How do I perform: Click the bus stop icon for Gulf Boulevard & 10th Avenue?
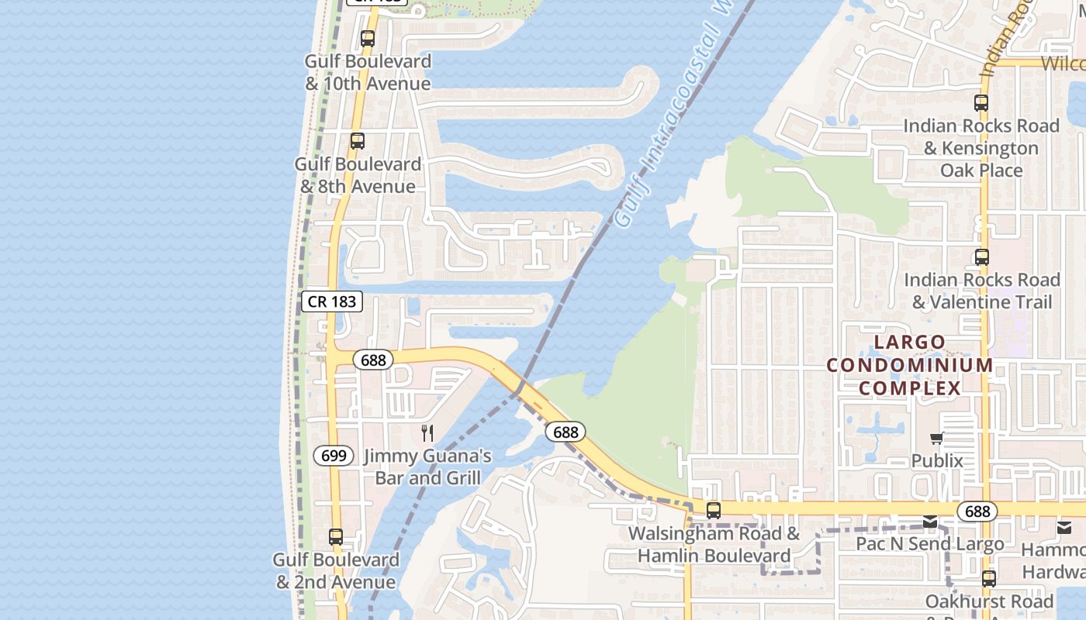tap(367, 38)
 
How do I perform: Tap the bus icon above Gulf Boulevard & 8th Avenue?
tap(357, 141)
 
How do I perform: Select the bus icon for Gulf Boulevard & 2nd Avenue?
tap(335, 536)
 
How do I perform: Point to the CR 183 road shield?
tap(332, 301)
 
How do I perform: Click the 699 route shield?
tap(334, 456)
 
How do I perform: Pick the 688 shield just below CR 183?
tap(373, 360)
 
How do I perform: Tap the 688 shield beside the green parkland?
tap(565, 432)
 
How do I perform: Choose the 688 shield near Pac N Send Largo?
tap(977, 511)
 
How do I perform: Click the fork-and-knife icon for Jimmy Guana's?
tap(427, 432)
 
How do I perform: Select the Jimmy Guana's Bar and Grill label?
tap(427, 467)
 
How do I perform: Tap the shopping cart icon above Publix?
tap(937, 439)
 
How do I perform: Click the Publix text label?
tap(937, 461)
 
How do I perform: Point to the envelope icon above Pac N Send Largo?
tap(930, 522)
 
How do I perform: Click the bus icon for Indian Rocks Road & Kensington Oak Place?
tap(981, 102)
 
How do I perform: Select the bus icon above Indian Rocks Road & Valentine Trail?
tap(981, 257)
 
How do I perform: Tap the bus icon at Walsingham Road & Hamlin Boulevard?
tap(713, 511)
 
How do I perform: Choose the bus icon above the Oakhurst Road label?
tap(988, 578)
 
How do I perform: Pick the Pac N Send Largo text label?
tap(929, 544)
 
